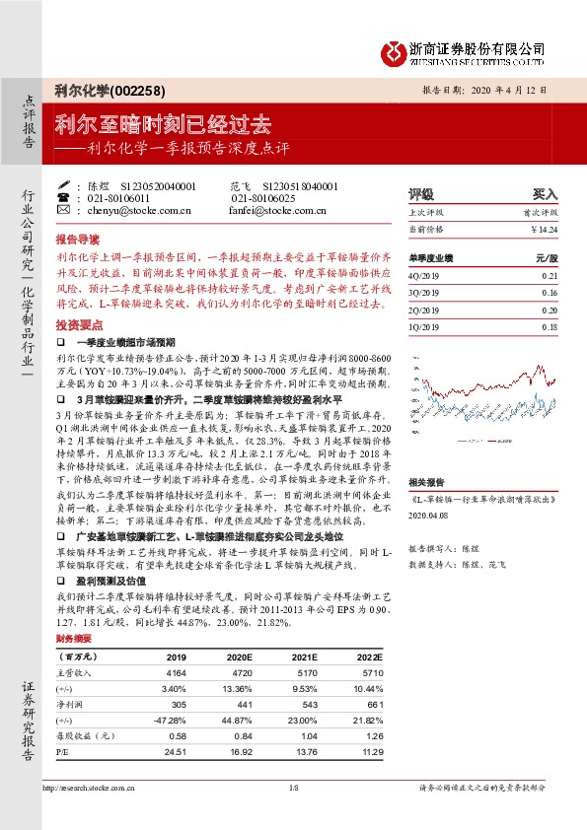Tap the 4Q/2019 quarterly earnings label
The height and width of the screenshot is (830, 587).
(425, 277)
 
